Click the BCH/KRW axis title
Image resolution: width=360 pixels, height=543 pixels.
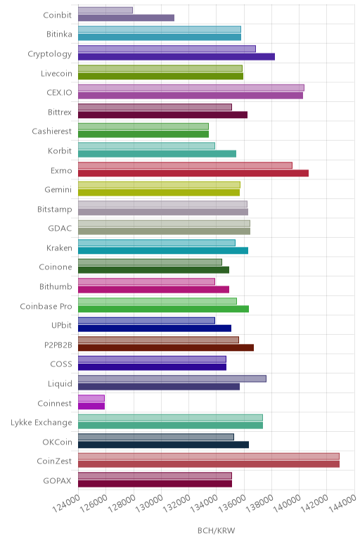pyautogui.click(x=216, y=530)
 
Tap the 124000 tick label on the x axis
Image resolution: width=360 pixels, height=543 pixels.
pyautogui.click(x=66, y=503)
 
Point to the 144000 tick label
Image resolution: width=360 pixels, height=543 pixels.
pyautogui.click(x=342, y=503)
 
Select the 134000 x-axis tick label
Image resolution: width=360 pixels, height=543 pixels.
pyautogui.click(x=204, y=503)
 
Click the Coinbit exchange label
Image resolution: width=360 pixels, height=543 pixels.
pyautogui.click(x=58, y=15)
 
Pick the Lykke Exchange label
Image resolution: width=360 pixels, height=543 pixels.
pyautogui.click(x=41, y=423)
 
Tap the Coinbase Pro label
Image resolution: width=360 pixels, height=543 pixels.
pyautogui.click(x=46, y=306)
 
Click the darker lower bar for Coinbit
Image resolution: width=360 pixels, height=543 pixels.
pyautogui.click(x=126, y=18)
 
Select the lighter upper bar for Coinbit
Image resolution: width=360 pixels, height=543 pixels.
pyautogui.click(x=105, y=11)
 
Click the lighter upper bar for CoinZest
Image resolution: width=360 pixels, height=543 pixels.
pyautogui.click(x=209, y=456)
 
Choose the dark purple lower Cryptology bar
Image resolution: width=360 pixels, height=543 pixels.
pyautogui.click(x=176, y=56)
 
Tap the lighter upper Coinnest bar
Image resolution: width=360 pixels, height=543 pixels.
pyautogui.click(x=91, y=398)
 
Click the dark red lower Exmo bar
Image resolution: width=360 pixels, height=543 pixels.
pyautogui.click(x=193, y=173)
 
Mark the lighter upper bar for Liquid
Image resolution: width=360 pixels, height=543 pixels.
pyautogui.click(x=172, y=379)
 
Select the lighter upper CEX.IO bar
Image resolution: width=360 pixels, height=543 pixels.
pyautogui.click(x=191, y=88)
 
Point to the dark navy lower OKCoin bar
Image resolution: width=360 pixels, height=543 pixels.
pyautogui.click(x=163, y=445)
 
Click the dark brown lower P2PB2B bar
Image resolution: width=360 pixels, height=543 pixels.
pyautogui.click(x=166, y=347)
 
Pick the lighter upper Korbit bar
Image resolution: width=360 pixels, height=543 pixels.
pyautogui.click(x=146, y=146)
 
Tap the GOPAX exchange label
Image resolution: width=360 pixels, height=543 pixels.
pyautogui.click(x=57, y=480)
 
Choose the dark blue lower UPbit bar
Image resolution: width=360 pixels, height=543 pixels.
pyautogui.click(x=155, y=328)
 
